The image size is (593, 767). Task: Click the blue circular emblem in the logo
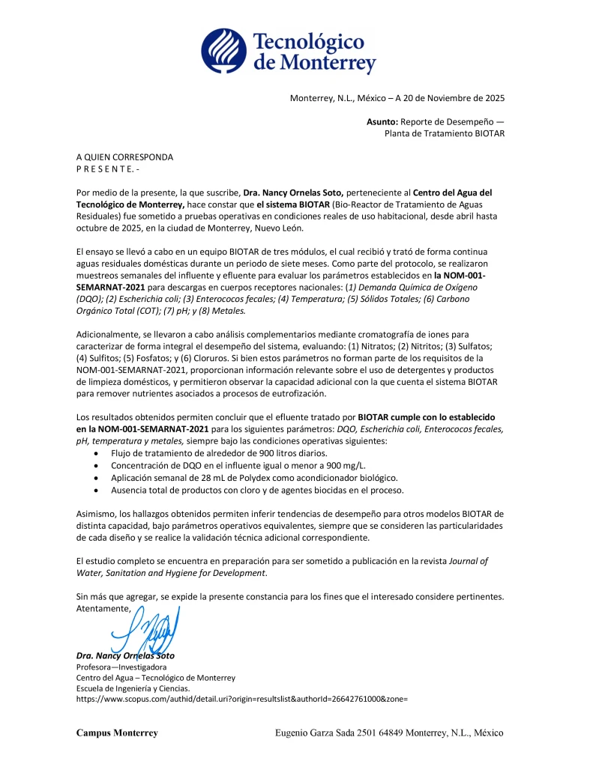(223, 51)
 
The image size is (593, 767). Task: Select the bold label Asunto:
(382, 121)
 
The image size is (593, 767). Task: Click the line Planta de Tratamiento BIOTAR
(444, 133)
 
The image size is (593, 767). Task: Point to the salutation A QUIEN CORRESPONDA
(124, 157)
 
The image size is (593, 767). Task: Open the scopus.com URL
(241, 698)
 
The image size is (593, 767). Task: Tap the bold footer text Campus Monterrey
(117, 733)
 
